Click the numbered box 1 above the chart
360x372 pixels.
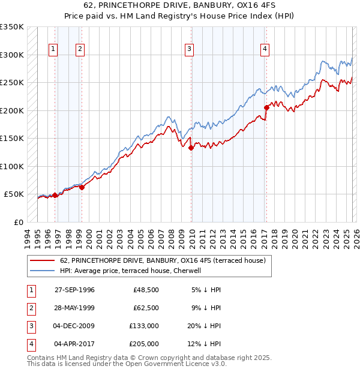pos(53,49)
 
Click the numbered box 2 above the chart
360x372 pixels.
pos(80,49)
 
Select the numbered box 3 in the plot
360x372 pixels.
pos(189,49)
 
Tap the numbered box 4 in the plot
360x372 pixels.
pos(265,49)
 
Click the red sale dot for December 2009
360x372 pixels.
pos(190,148)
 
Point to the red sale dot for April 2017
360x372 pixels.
pos(266,108)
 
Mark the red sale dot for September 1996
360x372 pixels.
pos(55,195)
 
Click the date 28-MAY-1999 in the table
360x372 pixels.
pos(74,308)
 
